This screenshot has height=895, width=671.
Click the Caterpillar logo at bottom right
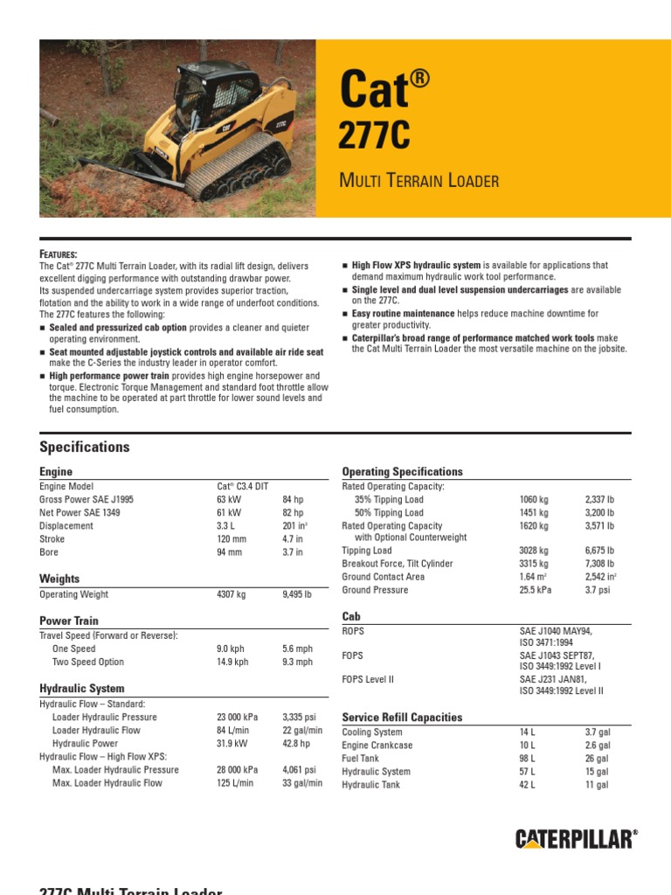coord(576,840)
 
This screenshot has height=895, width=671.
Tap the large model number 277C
coord(373,135)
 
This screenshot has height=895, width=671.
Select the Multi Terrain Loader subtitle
coord(419,182)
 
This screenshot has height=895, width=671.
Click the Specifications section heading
coord(85,447)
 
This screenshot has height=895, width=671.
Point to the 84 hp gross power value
coord(293,500)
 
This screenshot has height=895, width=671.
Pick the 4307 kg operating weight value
coord(232,594)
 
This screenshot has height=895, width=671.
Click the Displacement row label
coord(66,526)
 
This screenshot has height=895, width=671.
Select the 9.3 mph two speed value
coord(297,663)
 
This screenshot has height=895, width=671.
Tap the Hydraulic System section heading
coord(82,689)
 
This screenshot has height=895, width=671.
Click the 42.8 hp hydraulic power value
coord(297,744)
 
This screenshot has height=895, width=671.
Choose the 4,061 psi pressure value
coord(300,770)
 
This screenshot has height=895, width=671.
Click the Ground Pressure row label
coord(375,590)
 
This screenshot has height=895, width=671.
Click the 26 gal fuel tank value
coord(597,759)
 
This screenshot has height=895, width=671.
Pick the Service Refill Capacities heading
coord(402,718)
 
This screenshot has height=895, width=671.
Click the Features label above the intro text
coord(59,253)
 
